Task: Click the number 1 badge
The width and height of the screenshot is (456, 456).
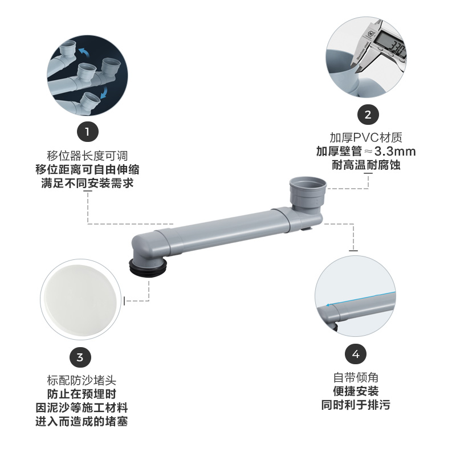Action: coord(87,132)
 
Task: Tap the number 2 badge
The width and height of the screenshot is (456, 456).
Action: coord(368,114)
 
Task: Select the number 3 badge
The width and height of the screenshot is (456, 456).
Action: coord(80,357)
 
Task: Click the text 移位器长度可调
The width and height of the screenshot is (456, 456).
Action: coord(87,154)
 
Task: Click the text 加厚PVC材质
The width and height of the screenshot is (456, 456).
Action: coord(367,137)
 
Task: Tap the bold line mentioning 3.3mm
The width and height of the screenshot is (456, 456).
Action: coord(367,152)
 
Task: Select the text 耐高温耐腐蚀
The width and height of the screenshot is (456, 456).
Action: coord(367,166)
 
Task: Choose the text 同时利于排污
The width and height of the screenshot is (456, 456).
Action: coord(356,405)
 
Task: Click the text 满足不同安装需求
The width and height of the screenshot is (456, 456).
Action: coord(87,183)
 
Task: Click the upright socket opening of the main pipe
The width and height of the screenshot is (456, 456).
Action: coord(308,185)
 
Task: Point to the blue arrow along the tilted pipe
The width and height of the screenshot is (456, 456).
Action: coord(359,299)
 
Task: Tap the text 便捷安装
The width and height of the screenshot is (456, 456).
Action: coord(356,392)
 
